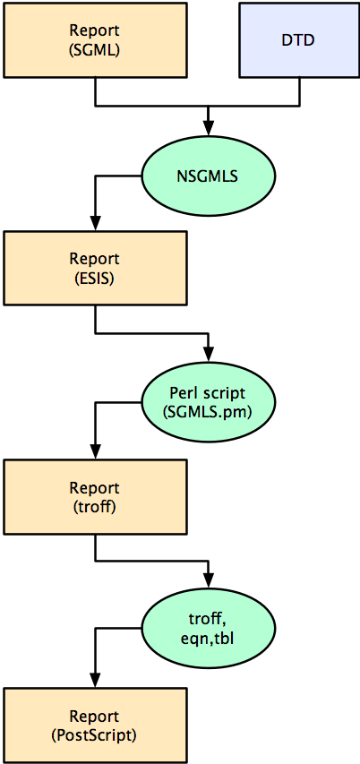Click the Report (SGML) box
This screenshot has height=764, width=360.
95,40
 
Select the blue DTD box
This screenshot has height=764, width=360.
298,40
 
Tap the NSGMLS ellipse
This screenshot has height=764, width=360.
208,176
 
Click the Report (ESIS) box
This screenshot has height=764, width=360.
95,268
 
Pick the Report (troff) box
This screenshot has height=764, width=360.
95,496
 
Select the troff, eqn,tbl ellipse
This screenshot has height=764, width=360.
208,631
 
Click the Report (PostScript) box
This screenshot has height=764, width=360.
95,725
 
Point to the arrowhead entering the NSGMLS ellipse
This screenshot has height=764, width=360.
209,129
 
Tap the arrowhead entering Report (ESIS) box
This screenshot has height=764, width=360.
95,224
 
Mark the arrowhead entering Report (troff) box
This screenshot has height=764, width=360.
95,452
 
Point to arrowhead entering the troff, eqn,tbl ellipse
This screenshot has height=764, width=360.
209,584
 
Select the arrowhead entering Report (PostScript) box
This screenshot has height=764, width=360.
95,681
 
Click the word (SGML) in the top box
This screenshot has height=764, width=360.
95,49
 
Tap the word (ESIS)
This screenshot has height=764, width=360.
95,278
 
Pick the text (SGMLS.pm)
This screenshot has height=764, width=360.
209,412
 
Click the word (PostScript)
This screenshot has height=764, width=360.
95,734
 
